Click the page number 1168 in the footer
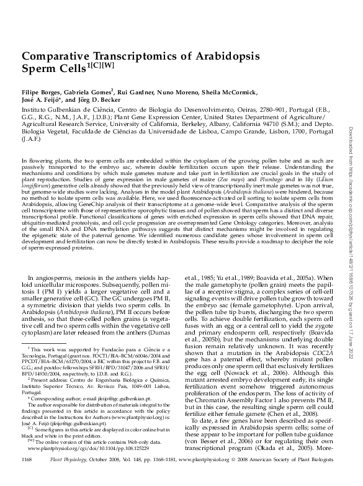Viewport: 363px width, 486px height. click(x=26, y=476)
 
